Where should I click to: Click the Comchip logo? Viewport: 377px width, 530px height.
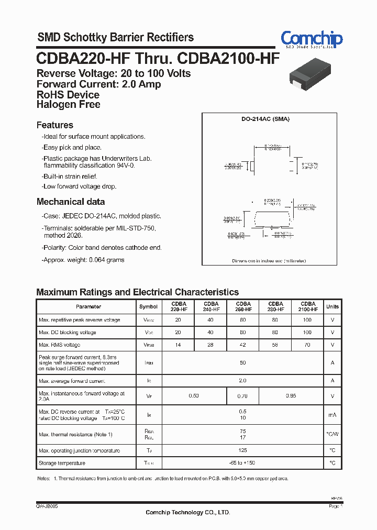[x=312, y=39]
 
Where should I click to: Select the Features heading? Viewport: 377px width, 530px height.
[x=54, y=125]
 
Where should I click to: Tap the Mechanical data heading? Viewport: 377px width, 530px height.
[x=70, y=202]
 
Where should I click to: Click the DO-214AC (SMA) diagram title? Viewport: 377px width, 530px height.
[x=265, y=119]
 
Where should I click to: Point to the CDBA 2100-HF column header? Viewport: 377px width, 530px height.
[x=308, y=306]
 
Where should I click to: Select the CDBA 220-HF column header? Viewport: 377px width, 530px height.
[x=178, y=306]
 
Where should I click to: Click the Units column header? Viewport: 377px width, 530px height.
[x=332, y=306]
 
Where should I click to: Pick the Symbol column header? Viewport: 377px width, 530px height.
[x=148, y=306]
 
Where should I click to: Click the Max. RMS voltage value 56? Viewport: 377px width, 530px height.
[x=275, y=345]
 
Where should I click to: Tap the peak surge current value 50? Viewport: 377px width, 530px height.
[x=243, y=363]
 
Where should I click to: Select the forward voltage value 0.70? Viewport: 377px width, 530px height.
[x=243, y=396]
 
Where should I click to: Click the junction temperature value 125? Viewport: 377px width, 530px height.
[x=243, y=450]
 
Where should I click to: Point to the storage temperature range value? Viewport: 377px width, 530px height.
[x=243, y=463]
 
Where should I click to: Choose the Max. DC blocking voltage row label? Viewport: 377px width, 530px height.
[x=67, y=333]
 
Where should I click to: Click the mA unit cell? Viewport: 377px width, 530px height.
[x=332, y=415]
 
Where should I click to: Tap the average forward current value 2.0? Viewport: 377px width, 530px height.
[x=243, y=381]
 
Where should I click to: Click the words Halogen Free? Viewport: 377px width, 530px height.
[x=68, y=104]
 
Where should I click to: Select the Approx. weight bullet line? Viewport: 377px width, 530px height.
[x=84, y=260]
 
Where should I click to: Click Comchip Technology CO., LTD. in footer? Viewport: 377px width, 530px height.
[x=187, y=512]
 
